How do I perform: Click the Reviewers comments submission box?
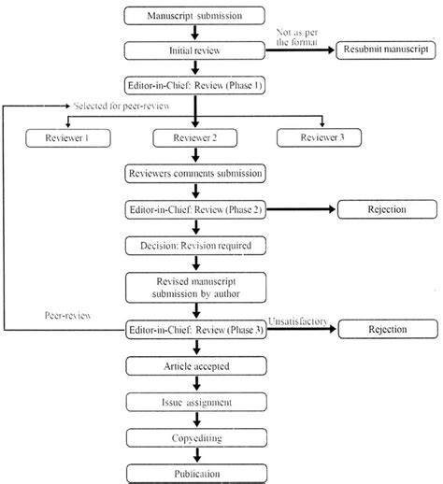[193, 174]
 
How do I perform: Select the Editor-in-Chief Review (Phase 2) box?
[193, 209]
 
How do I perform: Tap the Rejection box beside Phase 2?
[384, 209]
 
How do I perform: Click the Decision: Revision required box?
[193, 245]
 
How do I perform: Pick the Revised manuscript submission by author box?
[193, 287]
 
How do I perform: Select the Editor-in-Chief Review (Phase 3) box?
[193, 329]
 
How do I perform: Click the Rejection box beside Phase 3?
[384, 329]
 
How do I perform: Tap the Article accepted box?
[193, 366]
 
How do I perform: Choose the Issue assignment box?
[193, 401]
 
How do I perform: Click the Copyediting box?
[193, 435]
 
